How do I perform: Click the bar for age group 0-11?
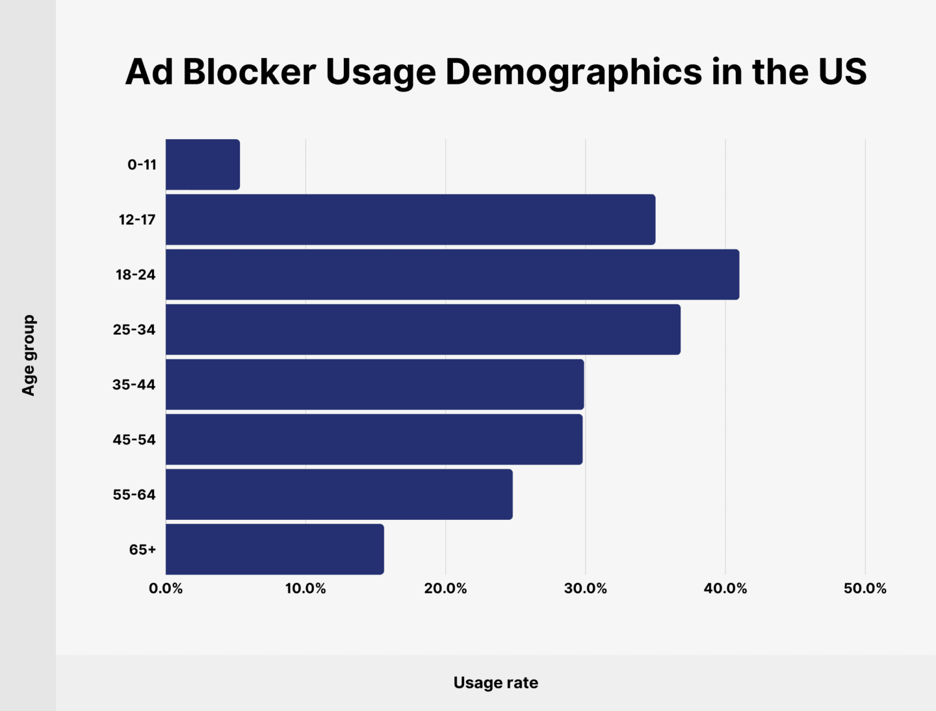coord(203,164)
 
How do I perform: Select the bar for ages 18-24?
coord(452,274)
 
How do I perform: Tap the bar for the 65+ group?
coord(274,549)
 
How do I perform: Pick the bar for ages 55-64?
coord(339,494)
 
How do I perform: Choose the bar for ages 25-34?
coord(422,330)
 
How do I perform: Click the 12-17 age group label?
coord(137,220)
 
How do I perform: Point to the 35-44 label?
coord(134,385)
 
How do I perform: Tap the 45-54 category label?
coord(134,439)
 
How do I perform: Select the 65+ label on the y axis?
coord(142,550)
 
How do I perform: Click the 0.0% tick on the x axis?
coord(166,589)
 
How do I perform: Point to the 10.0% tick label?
coord(305,589)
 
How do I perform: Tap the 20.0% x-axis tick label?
coord(445,589)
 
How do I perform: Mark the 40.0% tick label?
coord(725,589)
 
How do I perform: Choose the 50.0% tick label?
coord(865,589)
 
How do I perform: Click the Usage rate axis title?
coord(496,682)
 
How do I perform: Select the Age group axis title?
coord(28,355)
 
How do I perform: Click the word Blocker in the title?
coord(249,71)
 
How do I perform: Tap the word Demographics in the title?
coord(573,73)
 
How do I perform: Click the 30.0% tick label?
coord(585,589)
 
